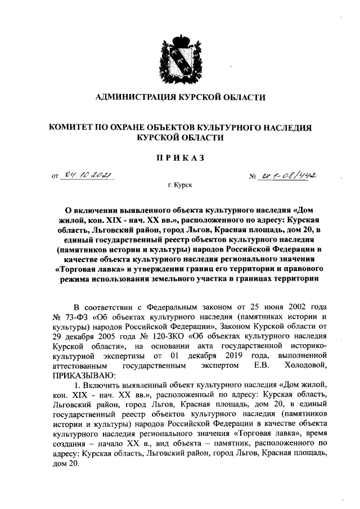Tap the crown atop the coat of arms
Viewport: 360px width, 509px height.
tap(180, 41)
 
